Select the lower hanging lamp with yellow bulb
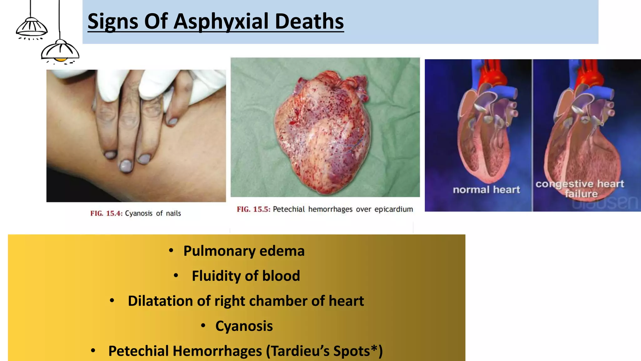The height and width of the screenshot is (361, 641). [x=60, y=52]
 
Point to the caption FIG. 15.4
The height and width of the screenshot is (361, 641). [x=106, y=213]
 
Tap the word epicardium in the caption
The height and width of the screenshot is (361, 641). [x=393, y=209]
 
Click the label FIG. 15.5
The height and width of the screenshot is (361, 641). [x=253, y=209]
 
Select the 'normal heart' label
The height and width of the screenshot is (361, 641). [x=486, y=190]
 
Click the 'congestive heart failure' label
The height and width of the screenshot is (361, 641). [x=580, y=188]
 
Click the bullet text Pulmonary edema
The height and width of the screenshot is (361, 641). [x=244, y=251]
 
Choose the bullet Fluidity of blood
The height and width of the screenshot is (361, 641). [x=246, y=276]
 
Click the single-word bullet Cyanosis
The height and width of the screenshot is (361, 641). [x=244, y=326]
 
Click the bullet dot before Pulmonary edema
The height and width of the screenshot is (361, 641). [x=171, y=250]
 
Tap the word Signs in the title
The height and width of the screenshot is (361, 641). [x=113, y=21]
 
